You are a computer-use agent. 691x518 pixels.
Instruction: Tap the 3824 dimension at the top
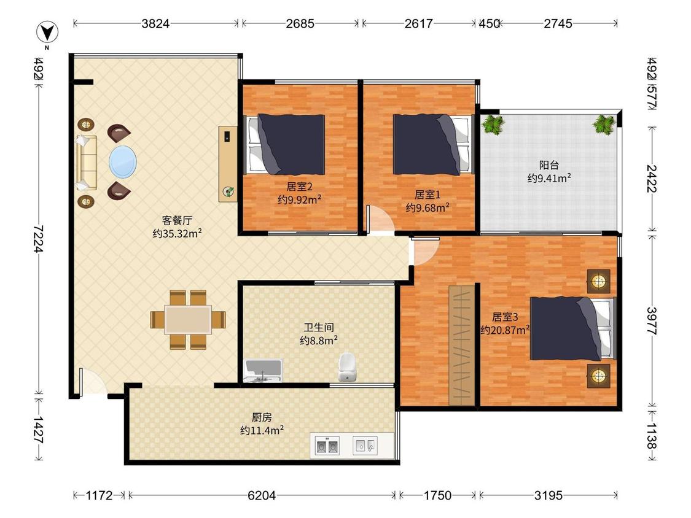point(155,23)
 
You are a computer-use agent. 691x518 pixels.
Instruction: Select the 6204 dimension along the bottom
point(262,495)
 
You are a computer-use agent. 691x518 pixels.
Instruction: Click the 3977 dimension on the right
point(652,320)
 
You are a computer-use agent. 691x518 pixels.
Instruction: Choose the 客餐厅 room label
point(177,220)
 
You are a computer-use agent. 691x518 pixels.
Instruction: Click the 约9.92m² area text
point(299,200)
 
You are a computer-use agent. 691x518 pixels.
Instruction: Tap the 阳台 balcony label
point(549,165)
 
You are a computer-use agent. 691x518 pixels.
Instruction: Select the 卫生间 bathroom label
point(319,327)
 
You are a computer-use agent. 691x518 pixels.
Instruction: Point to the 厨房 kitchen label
point(262,417)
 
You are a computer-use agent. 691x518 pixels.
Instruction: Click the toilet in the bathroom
point(347,366)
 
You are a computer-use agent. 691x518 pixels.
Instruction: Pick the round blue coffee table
point(122,162)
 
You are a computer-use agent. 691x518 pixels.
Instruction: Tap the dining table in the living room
point(188,320)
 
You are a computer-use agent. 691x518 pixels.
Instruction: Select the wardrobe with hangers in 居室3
point(462,346)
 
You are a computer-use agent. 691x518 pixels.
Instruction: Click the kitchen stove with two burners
point(327,446)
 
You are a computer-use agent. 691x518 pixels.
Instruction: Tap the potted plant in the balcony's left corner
point(493,124)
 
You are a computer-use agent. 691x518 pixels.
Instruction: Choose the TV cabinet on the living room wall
point(228,164)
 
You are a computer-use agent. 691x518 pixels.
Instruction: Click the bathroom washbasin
point(263,371)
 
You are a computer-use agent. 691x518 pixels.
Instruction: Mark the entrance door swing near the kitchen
point(92,382)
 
